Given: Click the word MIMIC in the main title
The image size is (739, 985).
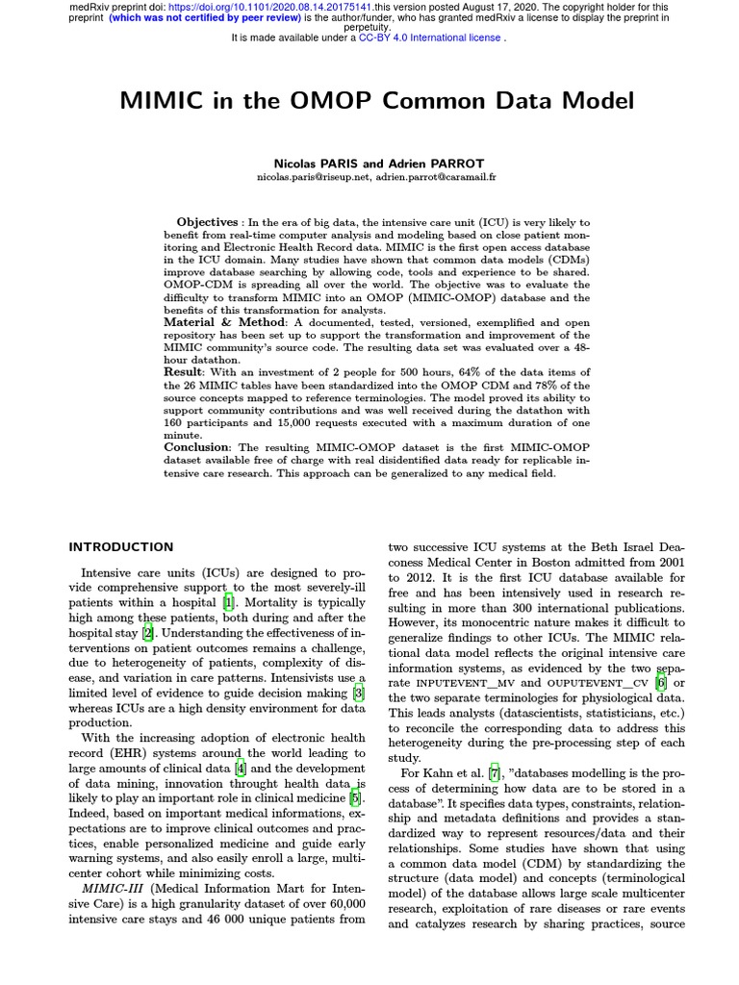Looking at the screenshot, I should (165, 101).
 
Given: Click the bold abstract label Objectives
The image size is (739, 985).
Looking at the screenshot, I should (207, 222).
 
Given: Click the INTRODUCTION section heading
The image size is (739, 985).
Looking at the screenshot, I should (121, 546).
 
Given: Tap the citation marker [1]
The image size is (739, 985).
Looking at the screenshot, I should (229, 603).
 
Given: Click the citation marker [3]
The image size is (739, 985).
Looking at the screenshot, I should (359, 693).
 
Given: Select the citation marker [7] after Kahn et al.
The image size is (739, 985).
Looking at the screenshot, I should (494, 774).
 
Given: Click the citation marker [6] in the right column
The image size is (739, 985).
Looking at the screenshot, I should (660, 683).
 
